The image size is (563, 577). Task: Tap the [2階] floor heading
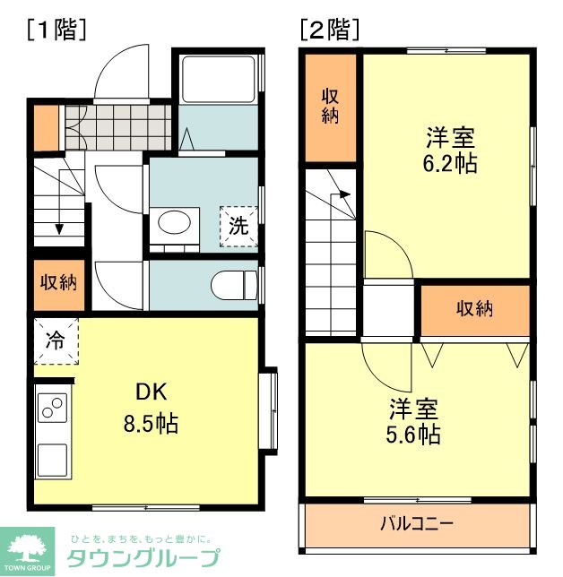[x=331, y=30]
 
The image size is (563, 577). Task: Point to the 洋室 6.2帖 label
[x=450, y=151]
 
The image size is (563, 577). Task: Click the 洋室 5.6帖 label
[x=413, y=422]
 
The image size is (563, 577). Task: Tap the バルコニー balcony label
[x=416, y=523]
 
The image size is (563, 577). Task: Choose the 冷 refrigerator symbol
[x=56, y=340]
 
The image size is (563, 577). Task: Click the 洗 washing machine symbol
[x=238, y=226]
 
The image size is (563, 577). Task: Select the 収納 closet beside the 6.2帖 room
[x=331, y=106]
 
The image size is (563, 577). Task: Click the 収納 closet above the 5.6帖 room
[x=475, y=309]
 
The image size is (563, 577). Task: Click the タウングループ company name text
[x=143, y=559]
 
